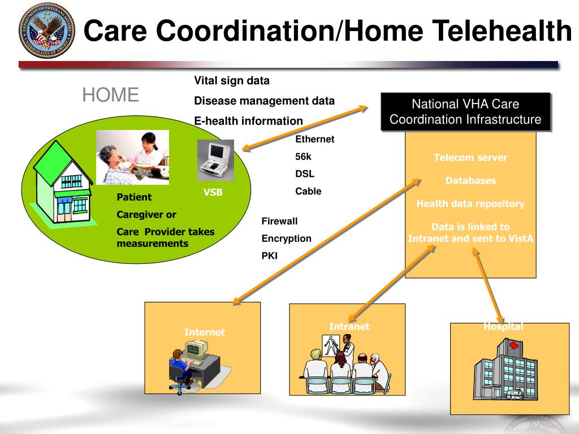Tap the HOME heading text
click(110, 95)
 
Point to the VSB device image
click(215, 160)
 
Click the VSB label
click(213, 193)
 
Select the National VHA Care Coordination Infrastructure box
click(465, 112)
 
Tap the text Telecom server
click(470, 158)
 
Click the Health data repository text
click(470, 203)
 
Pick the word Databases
click(470, 181)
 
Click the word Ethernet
click(315, 139)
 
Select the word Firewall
click(279, 221)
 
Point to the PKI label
click(269, 256)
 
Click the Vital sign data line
click(232, 81)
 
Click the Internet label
click(204, 332)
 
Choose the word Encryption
click(286, 238)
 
